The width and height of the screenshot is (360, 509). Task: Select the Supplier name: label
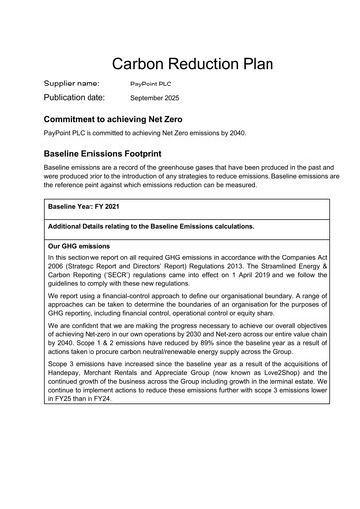point(72,84)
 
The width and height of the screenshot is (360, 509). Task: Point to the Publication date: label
point(75,98)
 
